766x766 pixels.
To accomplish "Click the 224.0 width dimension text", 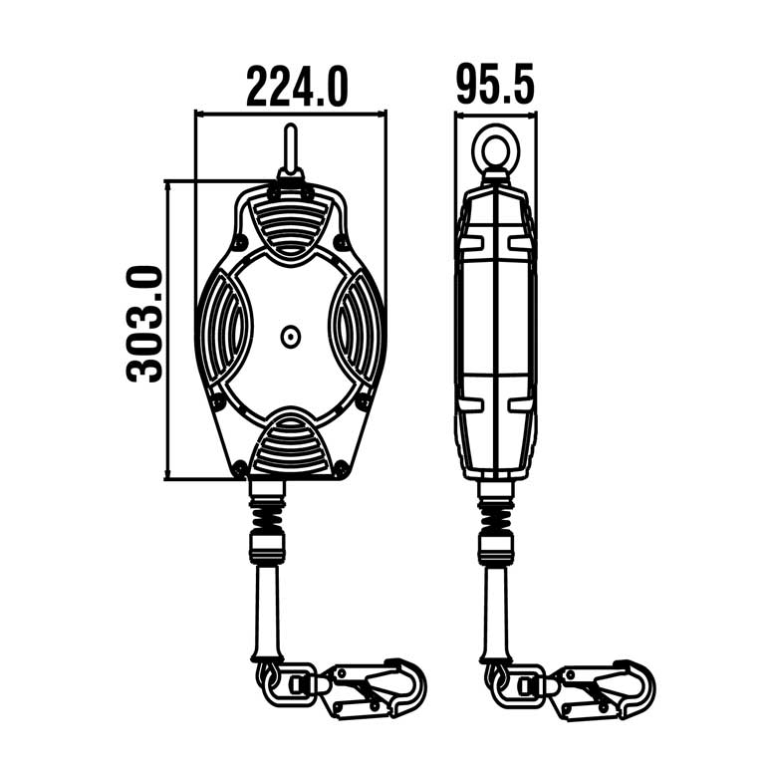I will coord(297,86).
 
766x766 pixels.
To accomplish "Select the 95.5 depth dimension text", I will coord(495,84).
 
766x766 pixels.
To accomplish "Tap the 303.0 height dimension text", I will coord(145,324).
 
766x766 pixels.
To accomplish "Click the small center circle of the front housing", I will coord(290,338).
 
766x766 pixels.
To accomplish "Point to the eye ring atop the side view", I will coord(495,150).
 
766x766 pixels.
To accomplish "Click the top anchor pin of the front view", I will coord(290,149).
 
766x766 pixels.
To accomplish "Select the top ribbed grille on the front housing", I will coord(290,223).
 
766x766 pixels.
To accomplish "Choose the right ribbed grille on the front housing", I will coord(357,335).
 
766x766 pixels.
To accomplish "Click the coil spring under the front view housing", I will coord(267,514).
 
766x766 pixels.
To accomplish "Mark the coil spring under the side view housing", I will coord(495,514).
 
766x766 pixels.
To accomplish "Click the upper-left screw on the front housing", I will coord(239,241).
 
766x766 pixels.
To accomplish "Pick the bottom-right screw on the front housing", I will coord(342,466).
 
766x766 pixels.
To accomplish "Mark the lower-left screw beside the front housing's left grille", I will coord(217,402).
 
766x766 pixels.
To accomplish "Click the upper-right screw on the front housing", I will coord(342,241).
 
